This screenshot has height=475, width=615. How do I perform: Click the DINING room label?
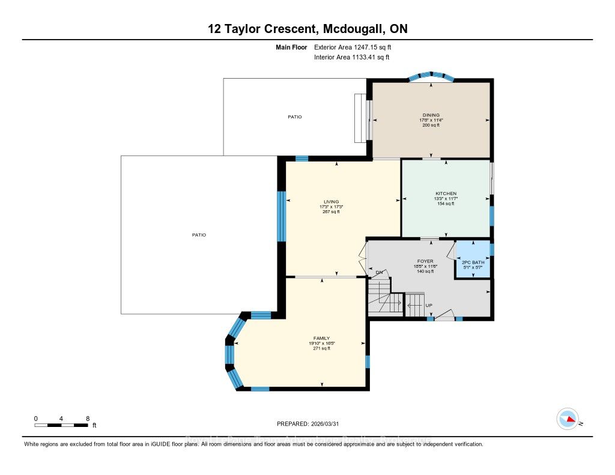[431, 115]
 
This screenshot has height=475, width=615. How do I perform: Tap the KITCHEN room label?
[446, 193]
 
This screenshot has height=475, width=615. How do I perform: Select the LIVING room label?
[331, 202]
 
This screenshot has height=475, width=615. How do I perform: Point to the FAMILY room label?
[321, 338]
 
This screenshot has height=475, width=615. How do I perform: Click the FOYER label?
[425, 261]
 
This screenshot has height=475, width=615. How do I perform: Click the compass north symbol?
[568, 419]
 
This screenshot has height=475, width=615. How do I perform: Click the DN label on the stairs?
[379, 272]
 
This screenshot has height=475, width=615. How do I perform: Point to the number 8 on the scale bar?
[88, 418]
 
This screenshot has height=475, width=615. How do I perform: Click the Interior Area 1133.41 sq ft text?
[351, 58]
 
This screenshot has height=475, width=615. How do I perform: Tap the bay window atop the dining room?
[430, 76]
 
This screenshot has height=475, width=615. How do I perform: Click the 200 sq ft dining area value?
[431, 125]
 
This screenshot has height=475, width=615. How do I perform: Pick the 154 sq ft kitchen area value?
[446, 204]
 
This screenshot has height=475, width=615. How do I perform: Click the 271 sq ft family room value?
[321, 348]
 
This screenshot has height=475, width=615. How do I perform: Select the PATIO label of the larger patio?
[198, 235]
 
